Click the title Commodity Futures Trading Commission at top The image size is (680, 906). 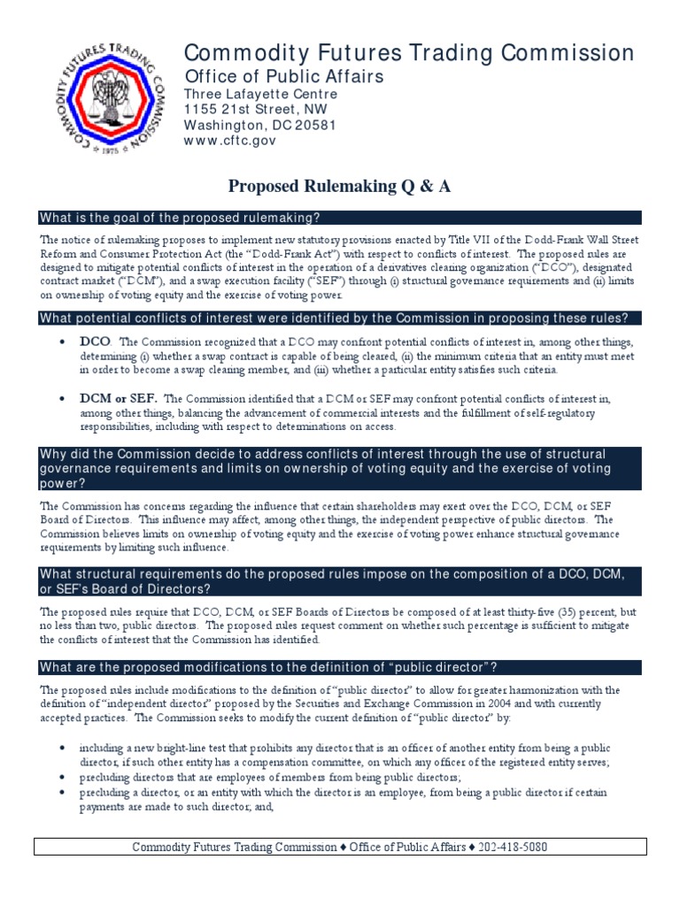point(408,53)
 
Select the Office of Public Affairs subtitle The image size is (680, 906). point(283,76)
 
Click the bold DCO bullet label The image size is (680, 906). point(96,342)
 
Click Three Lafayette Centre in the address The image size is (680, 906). point(260,94)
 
